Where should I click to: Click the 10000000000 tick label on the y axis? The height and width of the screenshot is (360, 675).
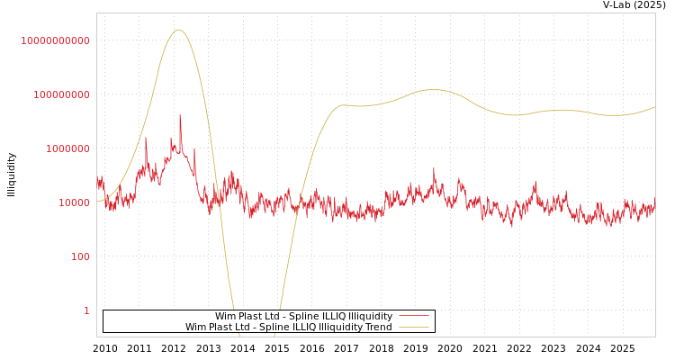coord(56,40)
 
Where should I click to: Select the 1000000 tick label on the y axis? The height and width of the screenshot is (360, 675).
coord(67,148)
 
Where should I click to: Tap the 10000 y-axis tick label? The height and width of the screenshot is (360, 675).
coord(74,202)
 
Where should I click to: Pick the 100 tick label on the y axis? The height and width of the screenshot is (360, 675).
coord(80,256)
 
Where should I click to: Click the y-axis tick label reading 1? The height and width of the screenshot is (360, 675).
coord(86,310)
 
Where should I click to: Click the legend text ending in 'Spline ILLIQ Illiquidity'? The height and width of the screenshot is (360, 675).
coord(303,316)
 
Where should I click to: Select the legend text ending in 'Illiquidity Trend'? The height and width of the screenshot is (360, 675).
coord(288,327)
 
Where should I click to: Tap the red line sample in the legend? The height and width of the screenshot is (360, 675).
coord(413,316)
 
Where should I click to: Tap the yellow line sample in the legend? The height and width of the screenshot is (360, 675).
coord(413,327)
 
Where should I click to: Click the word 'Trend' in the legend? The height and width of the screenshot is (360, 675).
coord(377,327)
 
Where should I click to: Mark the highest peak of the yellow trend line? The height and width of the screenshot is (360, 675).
coord(178,30)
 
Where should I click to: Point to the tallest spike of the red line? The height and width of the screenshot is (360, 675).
coord(180,115)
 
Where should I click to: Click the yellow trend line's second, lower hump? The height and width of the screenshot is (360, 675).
coord(434,89)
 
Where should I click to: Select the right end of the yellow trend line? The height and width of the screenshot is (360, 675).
coord(654,107)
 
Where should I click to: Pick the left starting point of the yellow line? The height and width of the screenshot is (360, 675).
coord(97,201)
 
